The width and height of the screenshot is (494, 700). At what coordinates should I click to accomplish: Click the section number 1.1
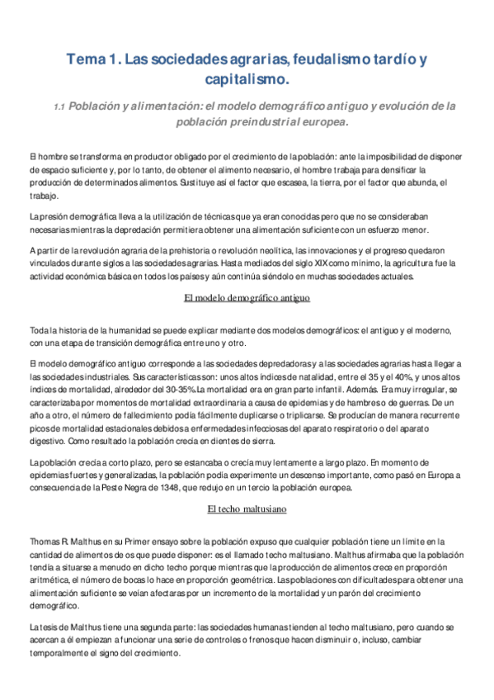(x=59, y=107)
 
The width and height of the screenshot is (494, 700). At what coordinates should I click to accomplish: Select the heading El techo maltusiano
(x=247, y=509)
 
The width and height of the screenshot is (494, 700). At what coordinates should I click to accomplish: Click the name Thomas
(x=45, y=540)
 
